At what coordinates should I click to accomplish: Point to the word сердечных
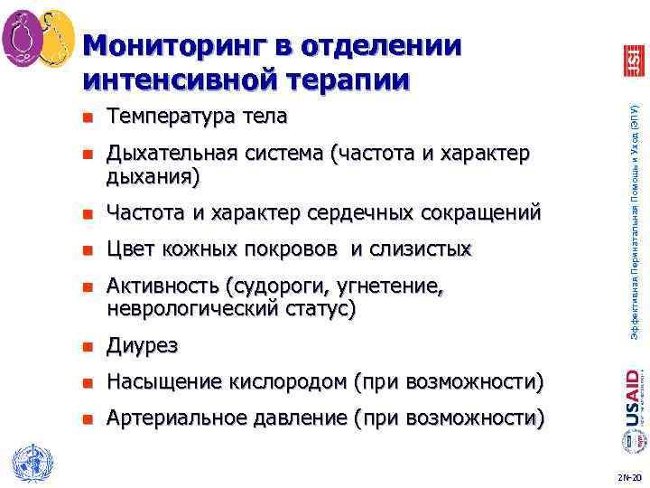[360, 213]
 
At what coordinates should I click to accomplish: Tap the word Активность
[165, 286]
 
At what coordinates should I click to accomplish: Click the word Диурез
[142, 346]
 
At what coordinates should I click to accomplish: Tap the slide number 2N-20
[628, 475]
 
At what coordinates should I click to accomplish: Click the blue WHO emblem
[29, 460]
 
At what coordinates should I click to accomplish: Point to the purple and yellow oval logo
[39, 39]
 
